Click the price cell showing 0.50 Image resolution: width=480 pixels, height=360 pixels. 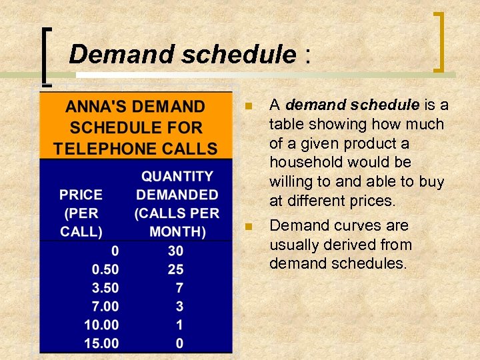click(x=105, y=269)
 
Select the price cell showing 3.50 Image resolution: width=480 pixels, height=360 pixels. click(x=105, y=288)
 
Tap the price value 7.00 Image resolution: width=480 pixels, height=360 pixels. click(x=105, y=307)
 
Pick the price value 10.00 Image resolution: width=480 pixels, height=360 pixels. click(x=101, y=325)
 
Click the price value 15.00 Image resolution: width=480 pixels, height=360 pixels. click(x=101, y=344)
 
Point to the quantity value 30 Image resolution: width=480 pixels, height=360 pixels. click(x=175, y=251)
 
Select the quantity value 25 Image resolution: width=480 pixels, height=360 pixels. click(x=175, y=269)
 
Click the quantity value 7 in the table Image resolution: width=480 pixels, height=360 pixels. click(x=179, y=288)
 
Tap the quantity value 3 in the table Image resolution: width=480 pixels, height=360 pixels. click(x=179, y=307)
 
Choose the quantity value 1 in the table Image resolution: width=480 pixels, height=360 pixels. click(x=179, y=325)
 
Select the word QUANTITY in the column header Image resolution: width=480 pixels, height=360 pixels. click(x=177, y=176)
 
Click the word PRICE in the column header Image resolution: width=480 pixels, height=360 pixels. click(x=81, y=195)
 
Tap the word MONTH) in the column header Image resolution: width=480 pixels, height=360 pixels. click(x=177, y=232)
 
